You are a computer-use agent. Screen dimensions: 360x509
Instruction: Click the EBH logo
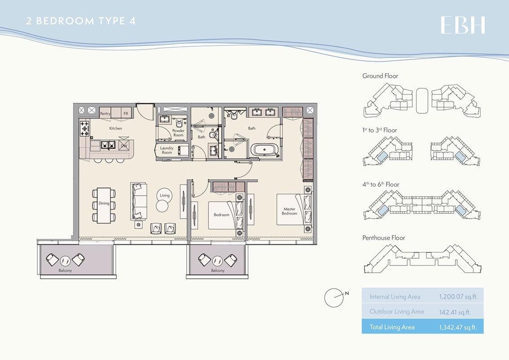tap(463, 25)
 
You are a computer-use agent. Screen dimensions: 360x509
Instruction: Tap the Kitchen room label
tap(116, 129)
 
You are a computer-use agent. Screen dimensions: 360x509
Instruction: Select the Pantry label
tap(105, 114)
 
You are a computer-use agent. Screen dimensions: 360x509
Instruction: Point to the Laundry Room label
tap(167, 150)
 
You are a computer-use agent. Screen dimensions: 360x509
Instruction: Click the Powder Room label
tap(179, 133)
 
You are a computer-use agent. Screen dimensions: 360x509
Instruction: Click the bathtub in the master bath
tap(264, 150)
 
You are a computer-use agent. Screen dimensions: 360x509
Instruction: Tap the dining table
tap(104, 205)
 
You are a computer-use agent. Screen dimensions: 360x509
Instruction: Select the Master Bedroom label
tap(289, 211)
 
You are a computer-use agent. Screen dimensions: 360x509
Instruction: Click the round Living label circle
tap(165, 195)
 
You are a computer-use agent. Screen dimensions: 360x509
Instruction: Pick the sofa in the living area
tap(139, 201)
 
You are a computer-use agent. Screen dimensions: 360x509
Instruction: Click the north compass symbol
tap(334, 297)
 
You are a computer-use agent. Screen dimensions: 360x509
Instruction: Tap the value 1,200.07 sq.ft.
tap(458, 297)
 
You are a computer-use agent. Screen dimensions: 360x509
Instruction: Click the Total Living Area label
tap(392, 327)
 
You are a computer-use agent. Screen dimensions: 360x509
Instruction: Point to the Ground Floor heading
tap(380, 76)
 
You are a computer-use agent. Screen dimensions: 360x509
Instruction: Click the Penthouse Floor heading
tap(383, 238)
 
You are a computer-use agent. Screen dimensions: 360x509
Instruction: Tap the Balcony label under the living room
tap(65, 271)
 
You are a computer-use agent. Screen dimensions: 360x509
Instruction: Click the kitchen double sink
tap(109, 145)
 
